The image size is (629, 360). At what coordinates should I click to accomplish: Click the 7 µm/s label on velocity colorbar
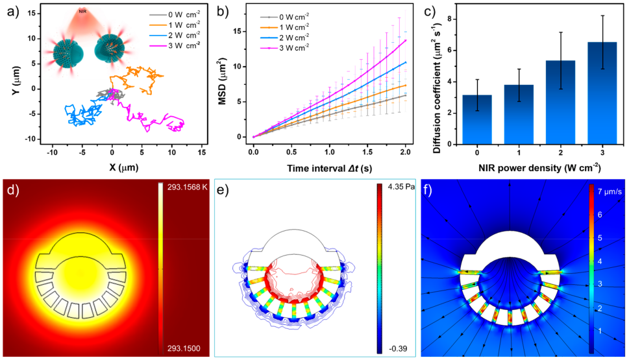(610, 192)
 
